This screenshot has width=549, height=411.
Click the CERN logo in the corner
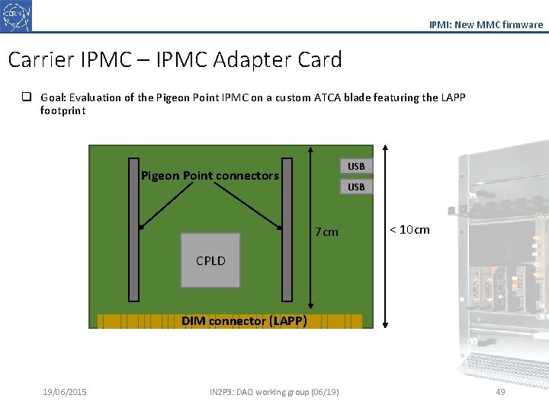tap(16, 15)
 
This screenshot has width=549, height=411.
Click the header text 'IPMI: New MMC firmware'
tap(486, 24)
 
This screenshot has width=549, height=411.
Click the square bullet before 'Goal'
tap(27, 97)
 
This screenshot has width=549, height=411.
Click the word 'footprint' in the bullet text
tap(63, 110)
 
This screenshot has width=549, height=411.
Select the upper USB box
tap(356, 166)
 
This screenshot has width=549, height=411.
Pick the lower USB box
tap(356, 186)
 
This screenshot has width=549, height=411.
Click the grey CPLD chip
tap(210, 260)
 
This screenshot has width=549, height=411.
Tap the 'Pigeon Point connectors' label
tap(210, 176)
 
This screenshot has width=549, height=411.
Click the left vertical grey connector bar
tap(133, 228)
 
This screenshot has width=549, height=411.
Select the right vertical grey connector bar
tap(287, 228)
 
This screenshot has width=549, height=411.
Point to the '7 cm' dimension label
tap(326, 232)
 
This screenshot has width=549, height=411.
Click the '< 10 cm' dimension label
tap(409, 230)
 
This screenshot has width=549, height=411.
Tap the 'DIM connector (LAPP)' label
tap(244, 321)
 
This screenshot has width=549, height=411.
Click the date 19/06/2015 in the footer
tap(65, 392)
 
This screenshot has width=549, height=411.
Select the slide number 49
tap(500, 392)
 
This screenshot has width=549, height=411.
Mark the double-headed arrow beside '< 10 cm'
tap(386, 236)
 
